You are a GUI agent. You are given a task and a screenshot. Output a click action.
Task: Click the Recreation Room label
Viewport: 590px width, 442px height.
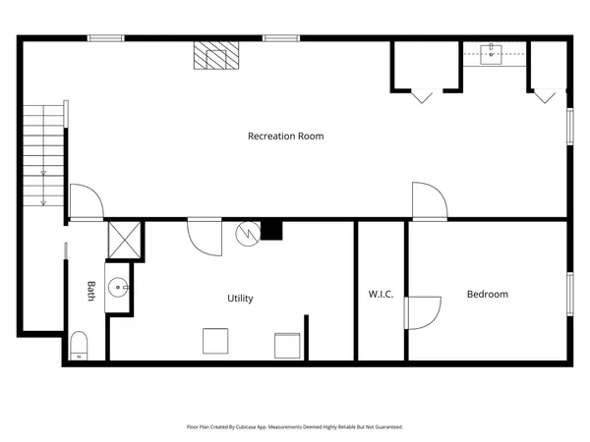285,136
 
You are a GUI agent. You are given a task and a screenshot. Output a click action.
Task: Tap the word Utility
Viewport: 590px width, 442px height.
240,298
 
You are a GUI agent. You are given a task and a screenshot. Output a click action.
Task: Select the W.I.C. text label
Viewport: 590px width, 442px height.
382,294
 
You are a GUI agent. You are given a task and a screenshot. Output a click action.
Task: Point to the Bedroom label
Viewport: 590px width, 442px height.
487,294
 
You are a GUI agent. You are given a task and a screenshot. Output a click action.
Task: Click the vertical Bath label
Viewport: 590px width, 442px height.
90,291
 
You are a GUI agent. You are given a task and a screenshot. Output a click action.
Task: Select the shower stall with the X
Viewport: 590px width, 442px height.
124,240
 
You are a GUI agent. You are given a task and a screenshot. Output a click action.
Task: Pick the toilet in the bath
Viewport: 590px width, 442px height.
80,345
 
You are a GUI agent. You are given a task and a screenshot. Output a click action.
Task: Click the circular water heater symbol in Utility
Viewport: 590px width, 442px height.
247,234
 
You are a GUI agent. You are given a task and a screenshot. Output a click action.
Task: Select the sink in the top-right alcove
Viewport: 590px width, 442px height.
495,53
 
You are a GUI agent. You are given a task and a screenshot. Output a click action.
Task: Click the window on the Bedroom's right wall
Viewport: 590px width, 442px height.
569,294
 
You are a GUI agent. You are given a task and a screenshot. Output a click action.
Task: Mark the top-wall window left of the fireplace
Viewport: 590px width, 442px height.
105,38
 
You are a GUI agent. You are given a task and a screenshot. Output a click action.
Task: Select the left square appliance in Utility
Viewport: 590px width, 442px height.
216,341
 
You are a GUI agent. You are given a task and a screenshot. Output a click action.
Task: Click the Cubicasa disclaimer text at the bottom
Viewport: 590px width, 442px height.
294,427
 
